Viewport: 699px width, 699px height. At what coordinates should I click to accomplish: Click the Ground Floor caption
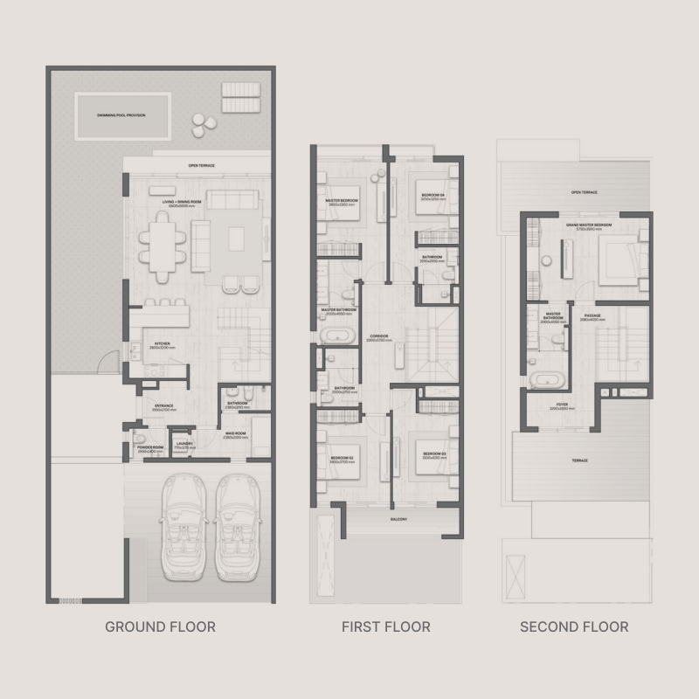point(160,626)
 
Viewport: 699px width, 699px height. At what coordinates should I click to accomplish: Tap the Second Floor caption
point(574,626)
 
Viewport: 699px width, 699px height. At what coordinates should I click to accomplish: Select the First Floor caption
point(386,626)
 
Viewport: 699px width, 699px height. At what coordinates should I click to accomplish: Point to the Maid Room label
point(233,434)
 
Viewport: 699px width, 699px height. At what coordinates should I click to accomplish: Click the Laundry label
point(183,445)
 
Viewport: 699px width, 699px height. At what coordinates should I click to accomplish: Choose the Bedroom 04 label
point(433,195)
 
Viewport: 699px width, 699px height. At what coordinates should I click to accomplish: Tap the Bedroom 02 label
point(341,458)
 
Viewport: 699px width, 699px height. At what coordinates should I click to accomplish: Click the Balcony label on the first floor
point(398,520)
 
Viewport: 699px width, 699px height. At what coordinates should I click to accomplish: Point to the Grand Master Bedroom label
point(588,225)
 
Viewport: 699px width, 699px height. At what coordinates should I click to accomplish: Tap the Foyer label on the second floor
point(562,405)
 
